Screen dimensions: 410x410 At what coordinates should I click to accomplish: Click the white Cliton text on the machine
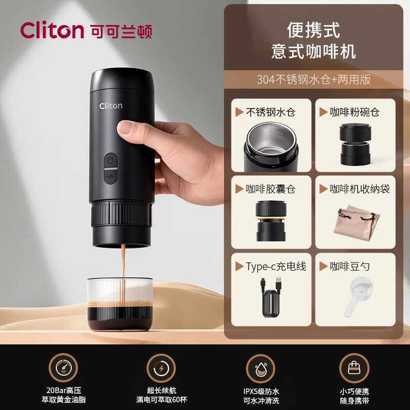[x=111, y=106]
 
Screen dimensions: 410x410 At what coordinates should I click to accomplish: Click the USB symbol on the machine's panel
[x=110, y=177]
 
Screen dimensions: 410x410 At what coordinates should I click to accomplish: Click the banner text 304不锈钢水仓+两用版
[x=314, y=79]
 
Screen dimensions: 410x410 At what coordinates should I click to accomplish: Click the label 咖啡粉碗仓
[x=355, y=111]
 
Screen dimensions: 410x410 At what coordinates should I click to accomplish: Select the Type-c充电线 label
[x=276, y=266]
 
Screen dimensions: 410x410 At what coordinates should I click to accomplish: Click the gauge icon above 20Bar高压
[x=63, y=367]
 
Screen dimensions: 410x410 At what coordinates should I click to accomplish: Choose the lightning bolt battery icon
[x=161, y=367]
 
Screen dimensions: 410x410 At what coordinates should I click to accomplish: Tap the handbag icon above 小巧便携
[x=354, y=367]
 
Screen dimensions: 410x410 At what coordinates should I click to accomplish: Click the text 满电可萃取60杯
[x=161, y=399]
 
